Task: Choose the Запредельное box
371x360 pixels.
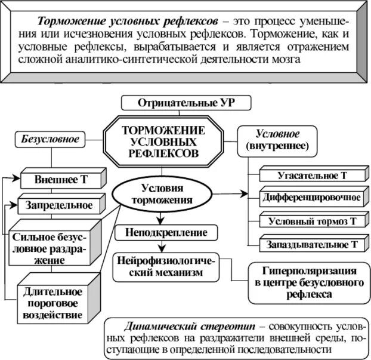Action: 59,205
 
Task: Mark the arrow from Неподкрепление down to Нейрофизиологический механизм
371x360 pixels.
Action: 160,246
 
